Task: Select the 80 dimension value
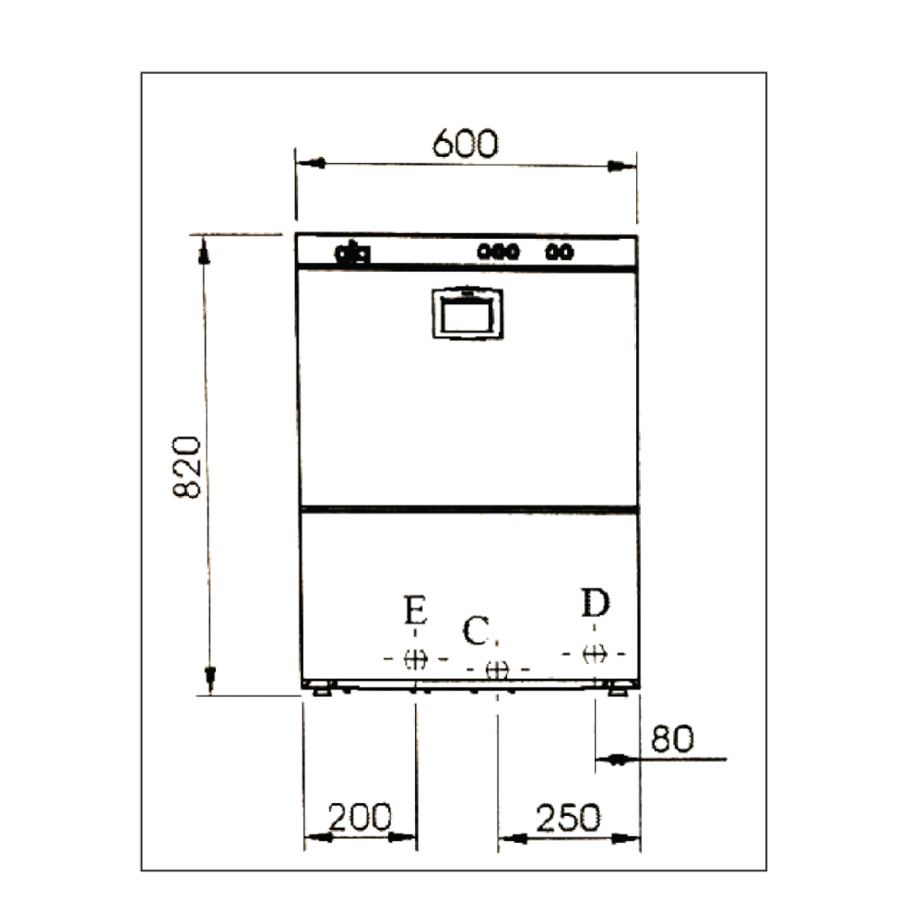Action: pos(672,739)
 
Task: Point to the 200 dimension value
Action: pos(361,816)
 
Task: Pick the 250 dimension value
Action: pos(569,816)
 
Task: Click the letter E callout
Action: pos(416,611)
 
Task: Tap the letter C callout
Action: pos(476,632)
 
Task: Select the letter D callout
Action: pos(596,604)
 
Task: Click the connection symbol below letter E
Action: pos(416,658)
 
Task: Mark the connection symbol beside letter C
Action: pos(498,668)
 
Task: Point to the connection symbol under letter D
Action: pos(596,654)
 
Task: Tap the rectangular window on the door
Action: pos(467,314)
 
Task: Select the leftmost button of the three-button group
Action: pos(483,251)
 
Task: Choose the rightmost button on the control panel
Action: pos(568,251)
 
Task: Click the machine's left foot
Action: pos(321,689)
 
